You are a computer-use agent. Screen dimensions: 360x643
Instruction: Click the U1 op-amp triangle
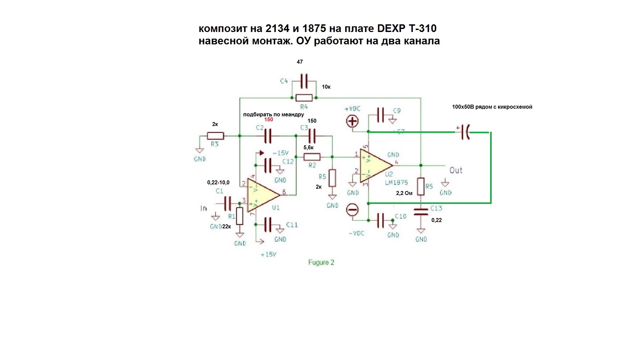pyautogui.click(x=262, y=197)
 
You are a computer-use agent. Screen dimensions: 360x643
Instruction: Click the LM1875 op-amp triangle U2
pyautogui.click(x=375, y=165)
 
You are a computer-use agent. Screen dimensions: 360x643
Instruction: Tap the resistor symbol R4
pyautogui.click(x=304, y=98)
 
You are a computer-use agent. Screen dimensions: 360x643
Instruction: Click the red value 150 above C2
pyautogui.click(x=269, y=120)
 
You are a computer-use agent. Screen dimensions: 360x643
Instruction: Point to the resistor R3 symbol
pyautogui.click(x=215, y=136)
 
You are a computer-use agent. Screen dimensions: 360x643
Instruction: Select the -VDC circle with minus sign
pyautogui.click(x=352, y=210)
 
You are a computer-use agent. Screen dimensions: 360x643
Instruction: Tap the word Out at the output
pyautogui.click(x=456, y=170)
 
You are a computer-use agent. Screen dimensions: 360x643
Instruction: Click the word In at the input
pyautogui.click(x=204, y=208)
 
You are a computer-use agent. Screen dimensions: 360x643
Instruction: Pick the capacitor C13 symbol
pyautogui.click(x=421, y=212)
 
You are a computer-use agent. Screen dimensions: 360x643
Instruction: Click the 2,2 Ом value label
pyautogui.click(x=404, y=193)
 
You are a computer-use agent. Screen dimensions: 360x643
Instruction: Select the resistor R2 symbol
pyautogui.click(x=312, y=157)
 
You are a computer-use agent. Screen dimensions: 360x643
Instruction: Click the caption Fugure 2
pyautogui.click(x=321, y=262)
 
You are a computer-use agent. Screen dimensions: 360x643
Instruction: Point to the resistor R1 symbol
pyautogui.click(x=240, y=216)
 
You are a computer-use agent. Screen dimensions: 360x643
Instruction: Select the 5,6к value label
pyautogui.click(x=309, y=147)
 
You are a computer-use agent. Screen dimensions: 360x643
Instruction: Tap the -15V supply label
pyautogui.click(x=280, y=153)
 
